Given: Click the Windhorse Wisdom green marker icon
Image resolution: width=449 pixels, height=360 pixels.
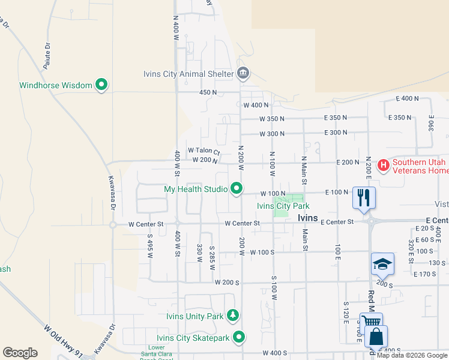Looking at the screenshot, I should click(101, 85).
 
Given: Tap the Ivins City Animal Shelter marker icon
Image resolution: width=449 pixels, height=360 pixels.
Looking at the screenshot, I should click(243, 74).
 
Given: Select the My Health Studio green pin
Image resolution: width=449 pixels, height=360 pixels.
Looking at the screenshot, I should click(237, 189).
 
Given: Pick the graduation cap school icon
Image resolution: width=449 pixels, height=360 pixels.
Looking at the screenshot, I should click(382, 263).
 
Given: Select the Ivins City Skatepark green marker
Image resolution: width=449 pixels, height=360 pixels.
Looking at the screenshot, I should click(239, 337).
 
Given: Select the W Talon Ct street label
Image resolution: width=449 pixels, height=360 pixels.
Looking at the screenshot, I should click(204, 151).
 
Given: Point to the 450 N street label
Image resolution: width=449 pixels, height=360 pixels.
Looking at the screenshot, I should click(208, 92).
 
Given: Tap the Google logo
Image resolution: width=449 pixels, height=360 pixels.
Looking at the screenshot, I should click(20, 353).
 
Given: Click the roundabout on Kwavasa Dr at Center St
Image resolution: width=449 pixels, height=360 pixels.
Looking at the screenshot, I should click(113, 225).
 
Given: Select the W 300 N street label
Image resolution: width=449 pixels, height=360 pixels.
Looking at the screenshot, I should click(271, 133).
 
